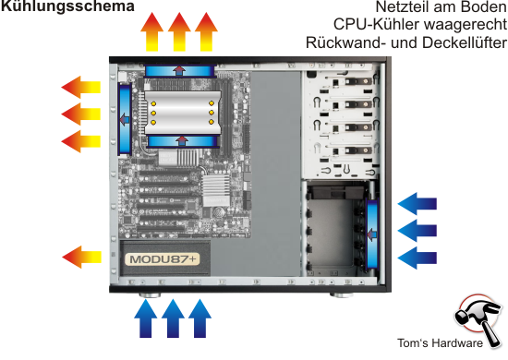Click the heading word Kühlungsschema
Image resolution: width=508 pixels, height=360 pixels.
coord(67,6)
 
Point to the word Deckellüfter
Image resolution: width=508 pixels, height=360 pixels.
coord(465,42)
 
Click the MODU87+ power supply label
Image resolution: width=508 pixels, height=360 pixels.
coord(163,259)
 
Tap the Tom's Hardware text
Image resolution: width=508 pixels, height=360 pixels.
coord(440,343)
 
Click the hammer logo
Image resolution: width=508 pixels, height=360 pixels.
coord(478,318)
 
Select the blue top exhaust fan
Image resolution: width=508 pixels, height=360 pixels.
coord(179,71)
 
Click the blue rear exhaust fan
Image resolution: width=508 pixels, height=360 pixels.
coord(125,119)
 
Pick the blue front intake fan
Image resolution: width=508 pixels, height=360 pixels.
coord(372,234)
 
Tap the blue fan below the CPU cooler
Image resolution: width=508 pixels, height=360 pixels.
coord(183,141)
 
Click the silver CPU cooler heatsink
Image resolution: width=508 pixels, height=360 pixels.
coord(183,113)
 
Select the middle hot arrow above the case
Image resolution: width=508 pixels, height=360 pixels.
coord(179,31)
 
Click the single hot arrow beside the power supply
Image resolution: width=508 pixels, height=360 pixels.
coord(81,257)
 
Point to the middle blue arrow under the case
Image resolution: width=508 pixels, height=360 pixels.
coord(173,318)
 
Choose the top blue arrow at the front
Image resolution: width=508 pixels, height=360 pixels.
coord(417,204)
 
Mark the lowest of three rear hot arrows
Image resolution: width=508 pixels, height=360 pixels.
coord(80,141)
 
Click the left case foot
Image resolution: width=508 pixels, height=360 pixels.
coord(150,295)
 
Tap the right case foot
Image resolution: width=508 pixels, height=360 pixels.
coord(342,295)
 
